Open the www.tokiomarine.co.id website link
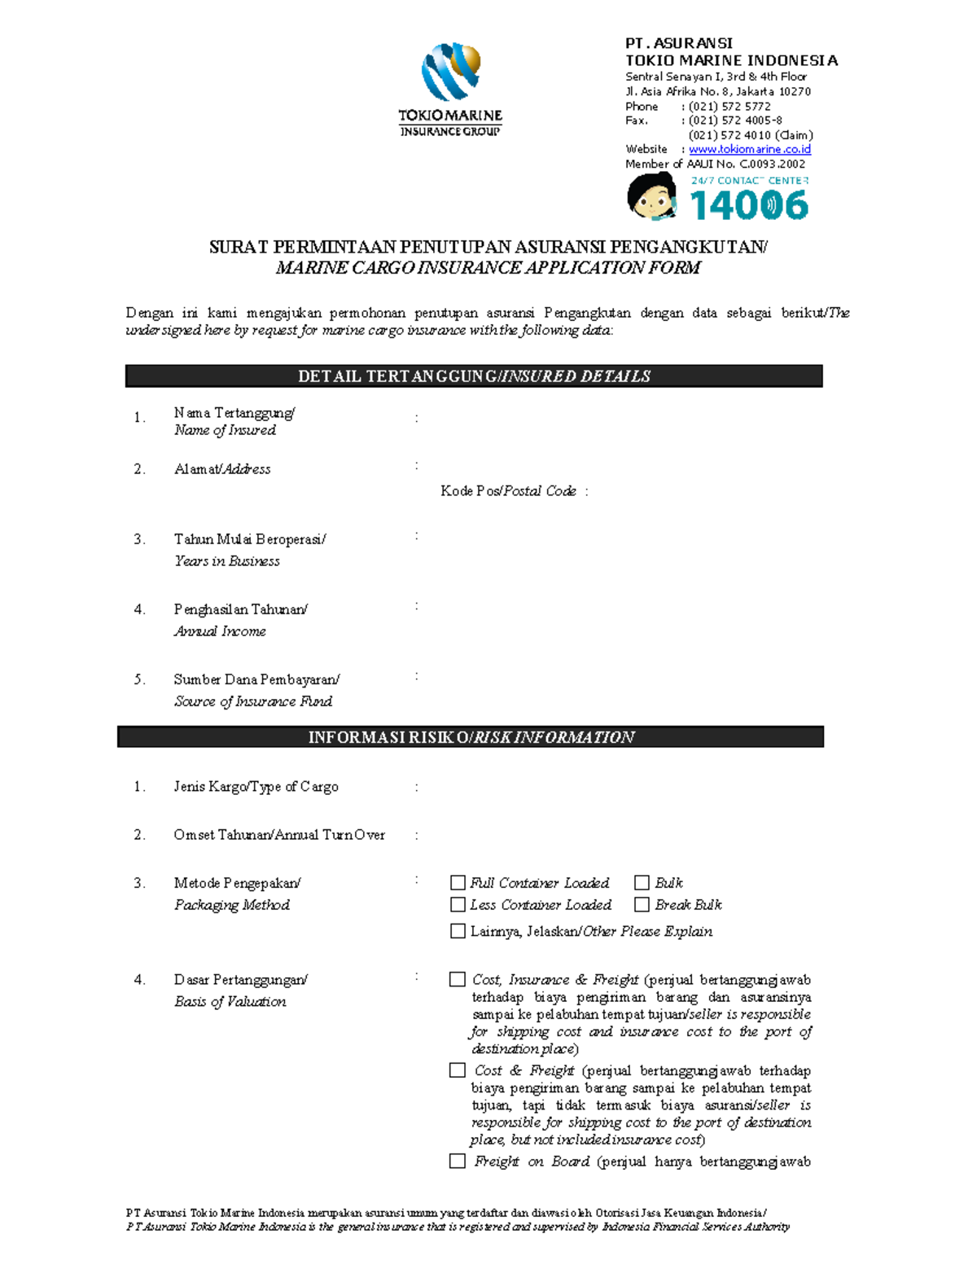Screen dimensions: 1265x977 point(749,149)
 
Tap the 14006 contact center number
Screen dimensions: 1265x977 point(749,204)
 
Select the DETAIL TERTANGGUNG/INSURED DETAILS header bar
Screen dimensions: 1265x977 point(474,376)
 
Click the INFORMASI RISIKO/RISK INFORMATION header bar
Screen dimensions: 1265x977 point(471,737)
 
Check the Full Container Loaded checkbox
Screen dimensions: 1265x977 point(458,883)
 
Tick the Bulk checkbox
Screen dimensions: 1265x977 point(642,883)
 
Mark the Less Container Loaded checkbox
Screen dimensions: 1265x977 point(458,905)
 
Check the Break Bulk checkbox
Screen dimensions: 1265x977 point(642,905)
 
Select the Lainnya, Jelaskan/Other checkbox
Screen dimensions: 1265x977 point(458,931)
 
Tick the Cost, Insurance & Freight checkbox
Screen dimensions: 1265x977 point(458,980)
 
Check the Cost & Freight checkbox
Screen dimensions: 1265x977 point(458,1070)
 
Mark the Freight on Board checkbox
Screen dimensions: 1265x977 point(458,1162)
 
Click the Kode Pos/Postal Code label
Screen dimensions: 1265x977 point(509,491)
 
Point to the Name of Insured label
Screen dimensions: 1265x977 point(225,430)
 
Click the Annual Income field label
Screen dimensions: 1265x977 point(220,631)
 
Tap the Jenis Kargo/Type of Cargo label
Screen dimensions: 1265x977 point(256,787)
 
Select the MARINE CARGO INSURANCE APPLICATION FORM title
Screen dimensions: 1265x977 point(488,268)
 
